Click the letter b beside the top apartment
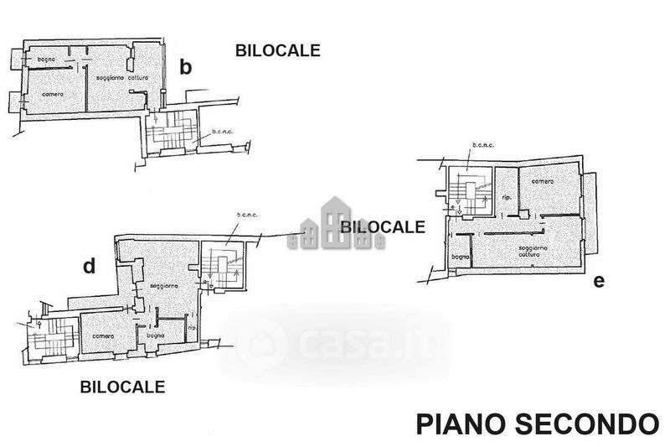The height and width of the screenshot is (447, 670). [x=187, y=68]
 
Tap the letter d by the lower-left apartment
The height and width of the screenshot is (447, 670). [x=89, y=267]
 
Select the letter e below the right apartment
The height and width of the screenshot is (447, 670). [x=598, y=281]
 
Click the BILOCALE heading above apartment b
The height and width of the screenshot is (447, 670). [x=277, y=51]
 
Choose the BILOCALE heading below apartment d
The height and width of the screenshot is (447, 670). [x=122, y=387]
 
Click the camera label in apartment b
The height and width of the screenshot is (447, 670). [x=53, y=94]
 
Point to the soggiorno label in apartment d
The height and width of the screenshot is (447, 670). [x=162, y=286]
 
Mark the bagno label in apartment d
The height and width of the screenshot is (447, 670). [x=155, y=335]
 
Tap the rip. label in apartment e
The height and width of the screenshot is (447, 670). [x=506, y=198]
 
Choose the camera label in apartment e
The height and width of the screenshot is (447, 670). [x=542, y=183]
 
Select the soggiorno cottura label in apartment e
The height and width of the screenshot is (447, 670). [x=533, y=252]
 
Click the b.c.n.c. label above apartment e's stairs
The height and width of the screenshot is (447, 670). [x=483, y=145]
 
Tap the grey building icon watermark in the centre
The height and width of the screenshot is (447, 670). [x=337, y=224]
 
